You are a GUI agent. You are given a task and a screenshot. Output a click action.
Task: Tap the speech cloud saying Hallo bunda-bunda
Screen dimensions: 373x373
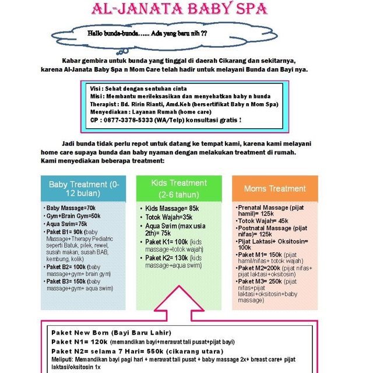(x=147, y=34)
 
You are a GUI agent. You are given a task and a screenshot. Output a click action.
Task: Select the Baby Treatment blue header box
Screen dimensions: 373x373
(x=83, y=188)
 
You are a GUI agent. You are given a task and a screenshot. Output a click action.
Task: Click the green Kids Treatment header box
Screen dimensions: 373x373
(x=179, y=188)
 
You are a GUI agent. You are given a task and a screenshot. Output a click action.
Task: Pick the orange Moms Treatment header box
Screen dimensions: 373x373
(x=275, y=188)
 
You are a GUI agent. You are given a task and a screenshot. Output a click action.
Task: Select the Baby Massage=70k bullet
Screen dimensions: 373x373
(x=71, y=208)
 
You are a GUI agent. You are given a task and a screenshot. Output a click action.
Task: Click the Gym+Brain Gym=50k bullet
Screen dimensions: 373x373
(x=73, y=216)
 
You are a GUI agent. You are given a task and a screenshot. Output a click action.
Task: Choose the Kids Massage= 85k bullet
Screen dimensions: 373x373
(x=172, y=208)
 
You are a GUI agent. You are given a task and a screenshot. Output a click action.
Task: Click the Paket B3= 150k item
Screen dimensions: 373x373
(x=80, y=284)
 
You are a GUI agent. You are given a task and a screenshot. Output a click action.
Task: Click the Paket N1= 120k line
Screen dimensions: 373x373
(x=143, y=342)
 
